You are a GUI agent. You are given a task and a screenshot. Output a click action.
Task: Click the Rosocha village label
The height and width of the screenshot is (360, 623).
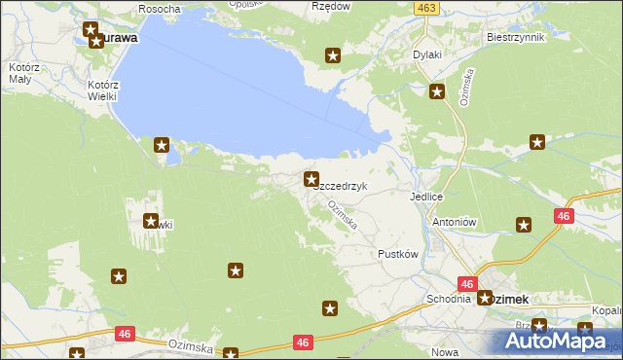click(x=161, y=8)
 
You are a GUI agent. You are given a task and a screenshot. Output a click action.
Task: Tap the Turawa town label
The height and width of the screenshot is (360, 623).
click(x=115, y=39)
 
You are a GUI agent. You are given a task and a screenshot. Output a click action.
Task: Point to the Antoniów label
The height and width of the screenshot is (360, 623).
click(x=453, y=221)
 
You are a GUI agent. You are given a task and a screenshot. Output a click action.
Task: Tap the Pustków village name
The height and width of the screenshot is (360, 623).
click(x=397, y=254)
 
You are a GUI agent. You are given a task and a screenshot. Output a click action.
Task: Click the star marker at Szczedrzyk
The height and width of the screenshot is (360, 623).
click(x=311, y=179)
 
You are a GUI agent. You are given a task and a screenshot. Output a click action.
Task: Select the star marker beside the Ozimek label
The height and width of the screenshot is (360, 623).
click(x=485, y=297)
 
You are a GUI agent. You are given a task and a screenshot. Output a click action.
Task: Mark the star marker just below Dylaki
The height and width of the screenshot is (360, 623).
click(x=437, y=93)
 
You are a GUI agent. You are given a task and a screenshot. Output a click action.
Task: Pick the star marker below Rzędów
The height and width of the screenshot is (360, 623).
click(x=333, y=56)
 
